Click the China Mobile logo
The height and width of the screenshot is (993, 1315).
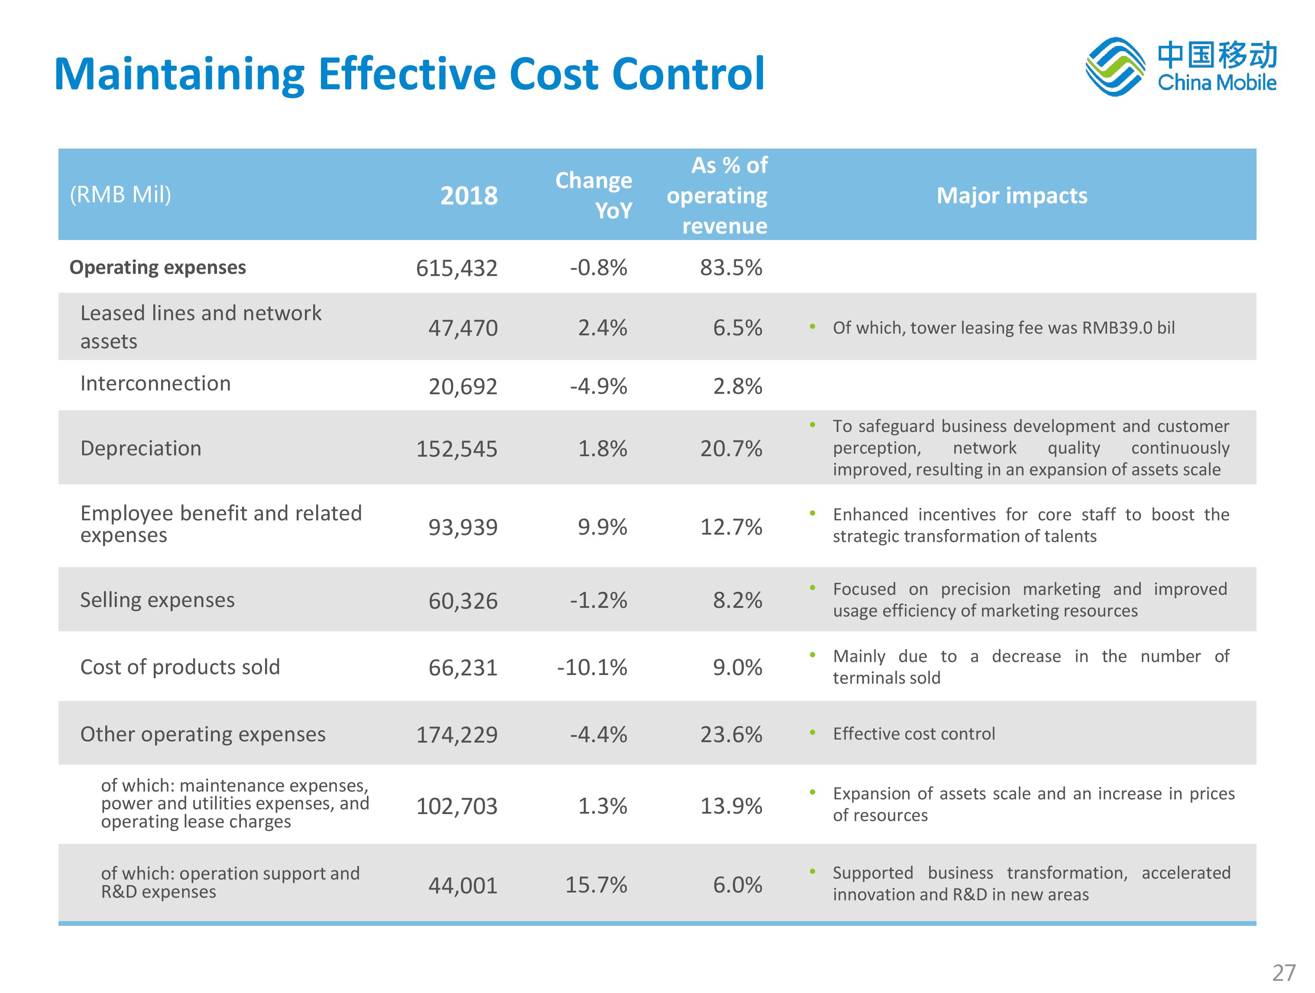1180,67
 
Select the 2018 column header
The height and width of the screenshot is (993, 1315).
469,196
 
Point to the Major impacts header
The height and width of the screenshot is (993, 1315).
1011,196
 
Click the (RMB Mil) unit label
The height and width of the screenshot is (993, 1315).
121,195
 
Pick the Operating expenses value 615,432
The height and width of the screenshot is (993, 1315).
456,268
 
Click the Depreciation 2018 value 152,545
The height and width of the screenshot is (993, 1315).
456,449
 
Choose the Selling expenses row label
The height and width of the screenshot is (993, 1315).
158,600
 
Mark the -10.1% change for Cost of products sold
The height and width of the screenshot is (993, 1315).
592,668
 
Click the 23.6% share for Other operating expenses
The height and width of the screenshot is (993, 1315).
731,734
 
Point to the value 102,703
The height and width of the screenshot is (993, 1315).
456,806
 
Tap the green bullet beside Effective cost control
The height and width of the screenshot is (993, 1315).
812,733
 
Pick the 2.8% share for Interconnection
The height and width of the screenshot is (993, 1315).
737,386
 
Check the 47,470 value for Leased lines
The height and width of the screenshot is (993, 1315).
463,328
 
